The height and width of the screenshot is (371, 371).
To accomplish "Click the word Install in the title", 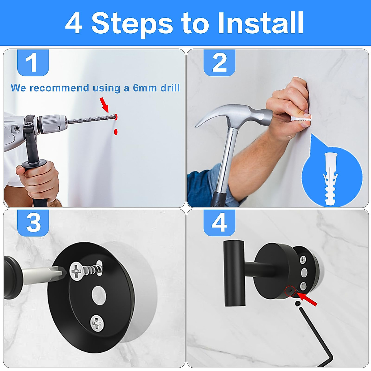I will (260, 23).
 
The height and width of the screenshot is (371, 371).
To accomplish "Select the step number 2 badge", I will (219, 63).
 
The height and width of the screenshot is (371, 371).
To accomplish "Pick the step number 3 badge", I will (33, 223).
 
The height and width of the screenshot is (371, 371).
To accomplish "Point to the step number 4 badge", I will (219, 223).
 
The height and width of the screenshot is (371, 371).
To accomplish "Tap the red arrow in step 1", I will (104, 105).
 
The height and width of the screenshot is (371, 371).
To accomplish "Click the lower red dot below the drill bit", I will (116, 132).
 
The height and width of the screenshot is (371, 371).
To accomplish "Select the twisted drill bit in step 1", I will (90, 119).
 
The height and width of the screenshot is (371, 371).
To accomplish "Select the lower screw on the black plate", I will (97, 323).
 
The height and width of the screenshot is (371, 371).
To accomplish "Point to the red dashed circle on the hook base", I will (290, 291).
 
